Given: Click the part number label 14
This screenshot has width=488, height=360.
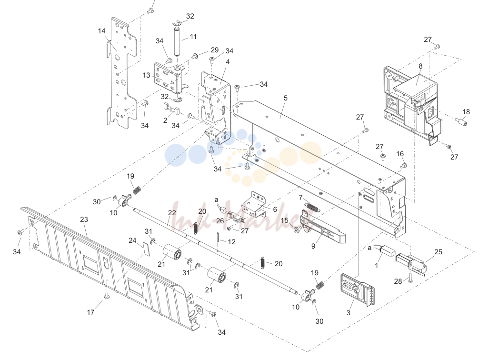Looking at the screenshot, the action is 102,31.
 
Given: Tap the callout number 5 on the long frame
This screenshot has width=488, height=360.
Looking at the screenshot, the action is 285,98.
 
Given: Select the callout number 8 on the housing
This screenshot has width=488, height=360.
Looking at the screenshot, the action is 420,66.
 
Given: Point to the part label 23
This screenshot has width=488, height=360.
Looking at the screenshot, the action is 84,219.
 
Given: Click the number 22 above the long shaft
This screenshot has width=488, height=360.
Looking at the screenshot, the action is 172,213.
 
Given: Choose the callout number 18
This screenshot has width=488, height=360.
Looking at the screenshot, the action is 466,112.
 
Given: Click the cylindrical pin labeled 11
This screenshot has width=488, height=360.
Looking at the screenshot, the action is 177,42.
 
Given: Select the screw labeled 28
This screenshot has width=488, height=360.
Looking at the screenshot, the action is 410,278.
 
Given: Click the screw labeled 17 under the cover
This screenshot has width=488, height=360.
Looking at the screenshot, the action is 107,295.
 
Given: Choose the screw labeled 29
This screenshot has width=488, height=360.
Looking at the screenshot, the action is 196,56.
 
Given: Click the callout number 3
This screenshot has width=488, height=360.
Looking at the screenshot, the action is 348,312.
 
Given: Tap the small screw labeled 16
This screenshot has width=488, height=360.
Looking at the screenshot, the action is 404,164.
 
